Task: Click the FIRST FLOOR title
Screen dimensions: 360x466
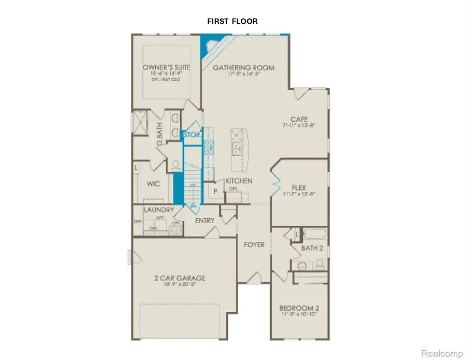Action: pos(233,21)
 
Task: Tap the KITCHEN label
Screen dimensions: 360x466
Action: pos(239,181)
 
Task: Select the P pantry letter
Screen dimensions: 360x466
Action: pos(214,191)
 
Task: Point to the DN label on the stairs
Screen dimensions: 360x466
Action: pos(193,206)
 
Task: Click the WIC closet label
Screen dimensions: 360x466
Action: pos(153,184)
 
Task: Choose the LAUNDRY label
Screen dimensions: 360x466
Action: pos(158,210)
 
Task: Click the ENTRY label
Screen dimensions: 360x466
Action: pos(205,221)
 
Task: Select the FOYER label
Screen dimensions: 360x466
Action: pos(254,244)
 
